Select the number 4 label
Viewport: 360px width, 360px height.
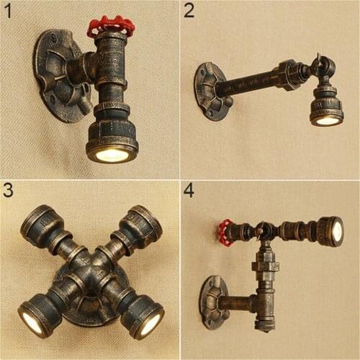[x=189, y=190]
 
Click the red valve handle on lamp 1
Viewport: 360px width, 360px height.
[x=111, y=26]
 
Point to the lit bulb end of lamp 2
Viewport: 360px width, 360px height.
[x=327, y=120]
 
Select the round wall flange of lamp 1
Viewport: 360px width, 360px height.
[x=55, y=73]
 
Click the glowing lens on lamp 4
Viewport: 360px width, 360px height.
[x=336, y=231]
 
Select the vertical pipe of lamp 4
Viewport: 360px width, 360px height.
[x=264, y=288]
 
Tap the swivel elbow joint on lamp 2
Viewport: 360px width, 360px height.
[x=322, y=68]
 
